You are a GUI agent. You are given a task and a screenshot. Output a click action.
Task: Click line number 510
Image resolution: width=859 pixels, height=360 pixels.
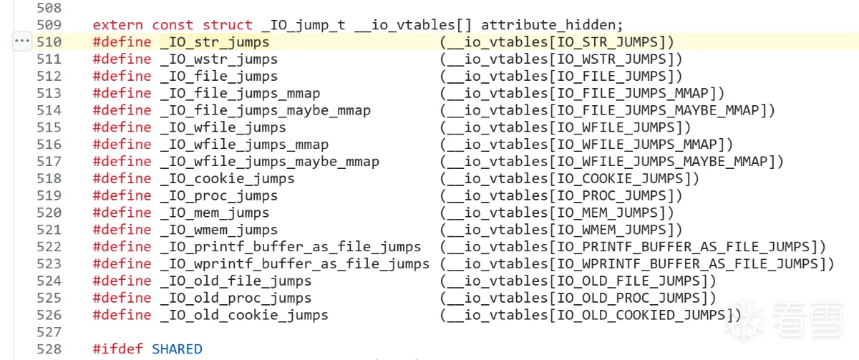[x=49, y=42]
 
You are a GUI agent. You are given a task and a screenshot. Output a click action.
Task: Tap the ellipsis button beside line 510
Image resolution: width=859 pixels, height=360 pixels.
[x=22, y=42]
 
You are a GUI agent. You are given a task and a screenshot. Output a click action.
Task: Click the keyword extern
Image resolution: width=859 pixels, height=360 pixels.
[x=118, y=24]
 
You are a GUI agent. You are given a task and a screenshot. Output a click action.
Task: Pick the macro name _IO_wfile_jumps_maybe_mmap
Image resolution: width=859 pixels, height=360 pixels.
[x=270, y=161]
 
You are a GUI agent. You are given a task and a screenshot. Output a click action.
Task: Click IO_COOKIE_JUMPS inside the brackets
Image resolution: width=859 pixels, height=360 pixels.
[x=622, y=178]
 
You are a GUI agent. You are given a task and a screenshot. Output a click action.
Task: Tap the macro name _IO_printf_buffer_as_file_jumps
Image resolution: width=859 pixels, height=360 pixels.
[x=291, y=247]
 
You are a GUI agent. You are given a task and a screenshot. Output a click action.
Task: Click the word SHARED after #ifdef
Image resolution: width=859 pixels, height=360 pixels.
[x=177, y=349]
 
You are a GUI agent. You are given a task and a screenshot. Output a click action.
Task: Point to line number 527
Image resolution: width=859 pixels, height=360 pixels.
[x=49, y=332]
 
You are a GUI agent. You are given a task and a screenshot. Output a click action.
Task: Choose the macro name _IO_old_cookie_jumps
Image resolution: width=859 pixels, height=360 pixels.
[x=244, y=315]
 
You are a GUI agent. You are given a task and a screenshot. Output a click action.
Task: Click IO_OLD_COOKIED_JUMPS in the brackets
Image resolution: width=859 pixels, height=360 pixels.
[x=643, y=315]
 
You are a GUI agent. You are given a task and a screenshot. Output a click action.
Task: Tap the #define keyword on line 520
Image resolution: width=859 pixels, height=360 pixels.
[x=122, y=213]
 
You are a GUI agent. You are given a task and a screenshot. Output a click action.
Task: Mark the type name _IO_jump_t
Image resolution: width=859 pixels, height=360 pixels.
[x=304, y=24]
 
